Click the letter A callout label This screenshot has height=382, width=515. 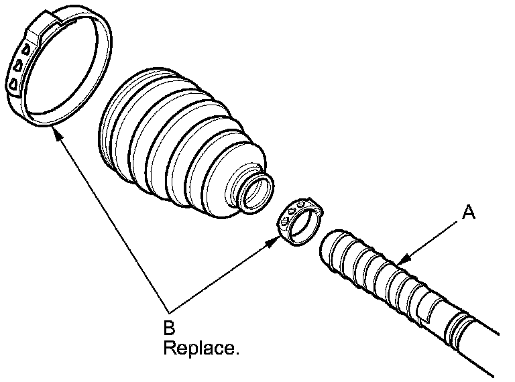coord(469,213)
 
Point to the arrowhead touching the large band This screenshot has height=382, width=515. coord(57,133)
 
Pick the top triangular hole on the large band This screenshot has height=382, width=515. coord(25,48)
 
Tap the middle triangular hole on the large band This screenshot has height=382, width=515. coord(18,66)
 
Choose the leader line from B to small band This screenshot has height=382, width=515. coord(221,275)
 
